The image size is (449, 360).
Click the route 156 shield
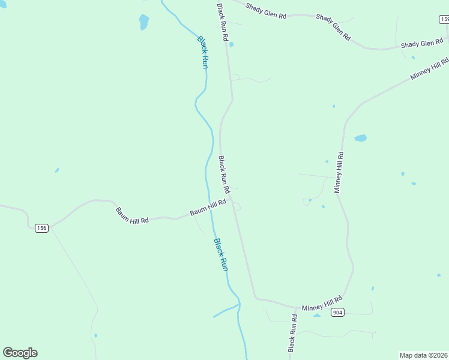pos(41,228)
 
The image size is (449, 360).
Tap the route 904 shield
pos(338,312)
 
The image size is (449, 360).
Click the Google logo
pos(20,352)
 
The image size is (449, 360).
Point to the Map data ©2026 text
pos(424,355)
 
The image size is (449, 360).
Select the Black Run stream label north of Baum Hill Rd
pos(203,52)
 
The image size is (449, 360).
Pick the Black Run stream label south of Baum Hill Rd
pos(221,255)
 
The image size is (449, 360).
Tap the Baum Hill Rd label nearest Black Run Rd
pos(208,208)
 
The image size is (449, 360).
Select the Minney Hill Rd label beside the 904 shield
pos(322,303)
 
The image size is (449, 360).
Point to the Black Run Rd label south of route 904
pos(292,333)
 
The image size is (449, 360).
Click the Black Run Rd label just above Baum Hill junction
pos(224,175)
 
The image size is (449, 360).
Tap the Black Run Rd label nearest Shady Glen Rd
pos(222,22)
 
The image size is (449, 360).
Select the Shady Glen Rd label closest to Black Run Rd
pos(267,11)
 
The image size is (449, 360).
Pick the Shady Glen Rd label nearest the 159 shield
pos(421,44)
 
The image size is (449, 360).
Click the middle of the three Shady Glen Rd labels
pos(333,27)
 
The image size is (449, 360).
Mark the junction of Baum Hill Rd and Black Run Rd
pos(232,200)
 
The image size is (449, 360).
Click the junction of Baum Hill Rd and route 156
pos(51,227)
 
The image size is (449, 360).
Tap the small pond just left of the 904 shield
pos(318,314)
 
